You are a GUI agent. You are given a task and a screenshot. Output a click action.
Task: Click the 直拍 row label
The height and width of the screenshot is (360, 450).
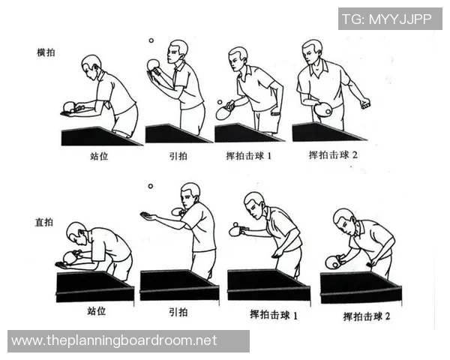pyautogui.click(x=46, y=223)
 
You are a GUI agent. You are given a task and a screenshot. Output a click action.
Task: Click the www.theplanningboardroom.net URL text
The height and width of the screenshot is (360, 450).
pyautogui.click(x=114, y=340)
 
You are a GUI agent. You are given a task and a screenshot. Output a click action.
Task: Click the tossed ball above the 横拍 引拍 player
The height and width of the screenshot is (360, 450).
pyautogui.click(x=150, y=41)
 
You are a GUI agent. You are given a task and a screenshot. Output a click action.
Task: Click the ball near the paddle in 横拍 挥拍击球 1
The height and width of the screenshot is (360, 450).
pyautogui.click(x=219, y=102)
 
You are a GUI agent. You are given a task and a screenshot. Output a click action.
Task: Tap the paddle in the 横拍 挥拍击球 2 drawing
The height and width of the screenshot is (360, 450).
pyautogui.click(x=323, y=110)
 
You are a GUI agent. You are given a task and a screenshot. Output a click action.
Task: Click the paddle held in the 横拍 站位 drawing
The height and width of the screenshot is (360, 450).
pyautogui.click(x=69, y=106)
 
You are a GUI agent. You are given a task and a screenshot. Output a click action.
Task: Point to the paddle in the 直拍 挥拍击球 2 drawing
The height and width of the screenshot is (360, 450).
pyautogui.click(x=332, y=262)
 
